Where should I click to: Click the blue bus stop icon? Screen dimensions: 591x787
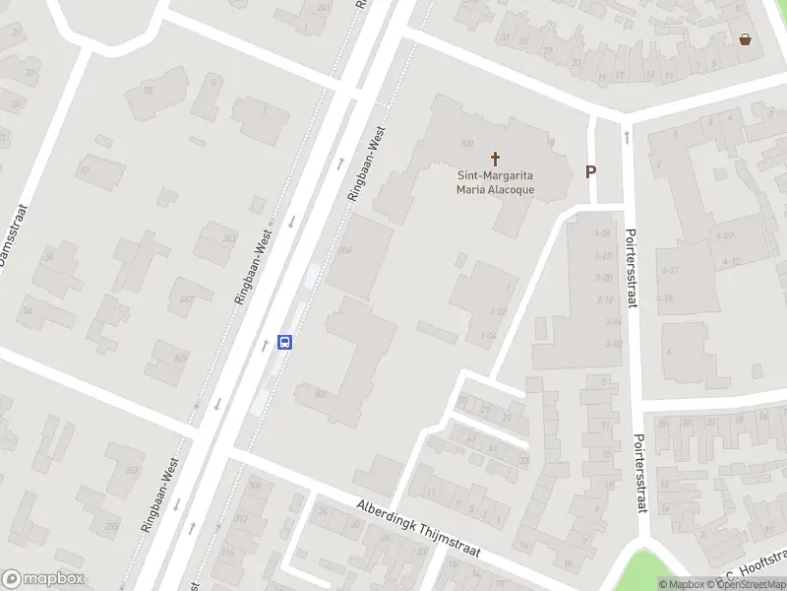pyautogui.click(x=285, y=342)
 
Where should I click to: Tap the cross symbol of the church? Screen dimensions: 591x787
pyautogui.click(x=496, y=158)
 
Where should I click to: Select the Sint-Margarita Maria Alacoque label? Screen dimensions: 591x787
pyautogui.click(x=494, y=183)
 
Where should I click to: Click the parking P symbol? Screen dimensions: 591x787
pyautogui.click(x=591, y=171)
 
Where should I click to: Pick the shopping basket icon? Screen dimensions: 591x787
pyautogui.click(x=746, y=39)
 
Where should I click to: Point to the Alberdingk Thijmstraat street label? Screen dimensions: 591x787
pyautogui.click(x=418, y=527)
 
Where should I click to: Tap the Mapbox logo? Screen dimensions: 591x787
pyautogui.click(x=42, y=579)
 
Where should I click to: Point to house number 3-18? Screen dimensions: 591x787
pyautogui.click(x=605, y=299)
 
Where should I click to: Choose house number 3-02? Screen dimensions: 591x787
pyautogui.click(x=613, y=344)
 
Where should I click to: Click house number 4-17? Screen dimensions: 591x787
pyautogui.click(x=670, y=270)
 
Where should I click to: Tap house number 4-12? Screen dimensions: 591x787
pyautogui.click(x=731, y=261)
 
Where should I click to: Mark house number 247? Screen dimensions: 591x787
pyautogui.click(x=185, y=298)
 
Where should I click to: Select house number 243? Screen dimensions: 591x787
pyautogui.click(x=229, y=237)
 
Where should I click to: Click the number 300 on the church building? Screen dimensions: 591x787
pyautogui.click(x=466, y=143)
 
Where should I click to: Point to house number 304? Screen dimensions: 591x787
pyautogui.click(x=344, y=250)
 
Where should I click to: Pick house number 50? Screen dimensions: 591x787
pyautogui.click(x=149, y=90)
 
